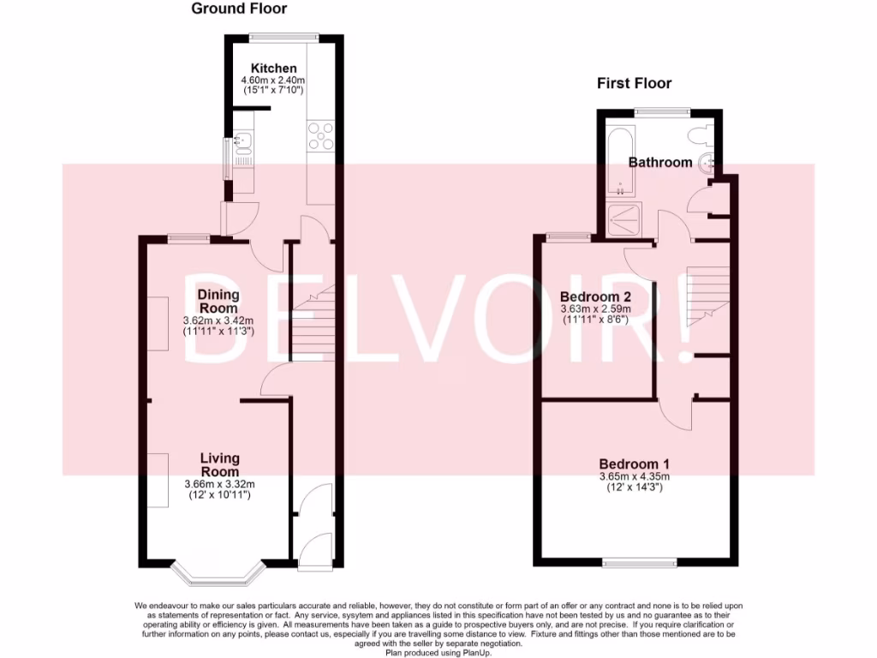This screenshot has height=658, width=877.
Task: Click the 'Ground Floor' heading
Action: pos(239,9)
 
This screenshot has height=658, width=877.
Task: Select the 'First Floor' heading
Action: pos(634,83)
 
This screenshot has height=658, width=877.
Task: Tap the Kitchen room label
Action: pos(273,69)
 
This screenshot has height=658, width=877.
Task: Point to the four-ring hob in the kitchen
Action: pos(321,137)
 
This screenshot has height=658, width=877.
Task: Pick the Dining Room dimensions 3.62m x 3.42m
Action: pos(219,320)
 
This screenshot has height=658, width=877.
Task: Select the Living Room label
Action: pos(219,465)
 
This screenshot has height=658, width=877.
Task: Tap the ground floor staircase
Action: pos(313,326)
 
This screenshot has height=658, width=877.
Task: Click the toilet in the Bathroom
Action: pos(700,132)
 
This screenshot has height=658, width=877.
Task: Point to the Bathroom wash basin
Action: pos(707,164)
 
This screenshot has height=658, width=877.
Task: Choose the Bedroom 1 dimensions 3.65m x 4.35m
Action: pos(635,476)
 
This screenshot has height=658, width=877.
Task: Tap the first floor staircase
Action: pos(707,296)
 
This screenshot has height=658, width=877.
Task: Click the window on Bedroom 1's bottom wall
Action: pos(640,562)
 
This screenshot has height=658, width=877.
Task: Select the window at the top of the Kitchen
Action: pos(283,37)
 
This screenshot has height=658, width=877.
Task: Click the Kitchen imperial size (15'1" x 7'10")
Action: pos(273,90)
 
